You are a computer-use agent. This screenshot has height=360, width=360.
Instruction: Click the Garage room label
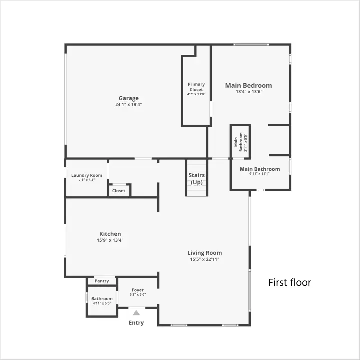(129, 98)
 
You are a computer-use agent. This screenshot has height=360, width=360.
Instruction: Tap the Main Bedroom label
(248, 85)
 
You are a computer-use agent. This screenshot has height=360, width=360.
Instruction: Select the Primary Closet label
(196, 87)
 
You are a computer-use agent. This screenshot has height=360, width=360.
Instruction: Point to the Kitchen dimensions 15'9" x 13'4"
(110, 240)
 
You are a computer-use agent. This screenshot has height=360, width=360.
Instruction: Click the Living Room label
(205, 253)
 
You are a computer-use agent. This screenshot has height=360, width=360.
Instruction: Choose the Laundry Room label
(87, 175)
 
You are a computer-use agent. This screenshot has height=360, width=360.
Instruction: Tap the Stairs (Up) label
(197, 179)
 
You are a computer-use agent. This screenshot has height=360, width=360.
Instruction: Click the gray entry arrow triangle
(136, 313)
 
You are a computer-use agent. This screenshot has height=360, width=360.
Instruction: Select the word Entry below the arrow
(136, 323)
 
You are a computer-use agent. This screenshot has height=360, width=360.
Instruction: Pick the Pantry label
(102, 281)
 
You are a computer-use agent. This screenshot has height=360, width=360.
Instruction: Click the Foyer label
(138, 290)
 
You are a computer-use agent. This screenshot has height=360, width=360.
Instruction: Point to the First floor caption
(290, 282)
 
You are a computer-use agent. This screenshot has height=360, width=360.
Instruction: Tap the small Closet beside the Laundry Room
(119, 191)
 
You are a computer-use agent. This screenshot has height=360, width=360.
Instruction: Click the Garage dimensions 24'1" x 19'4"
(129, 104)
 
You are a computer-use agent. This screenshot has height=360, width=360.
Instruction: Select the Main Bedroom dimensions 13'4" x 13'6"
(249, 92)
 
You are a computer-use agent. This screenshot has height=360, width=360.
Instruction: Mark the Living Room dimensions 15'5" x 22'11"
(205, 259)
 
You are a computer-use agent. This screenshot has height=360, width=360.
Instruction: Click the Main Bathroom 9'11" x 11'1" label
(260, 171)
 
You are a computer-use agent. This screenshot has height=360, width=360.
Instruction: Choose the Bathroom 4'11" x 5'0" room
(102, 301)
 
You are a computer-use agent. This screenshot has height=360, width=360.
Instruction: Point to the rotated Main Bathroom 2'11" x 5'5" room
(240, 142)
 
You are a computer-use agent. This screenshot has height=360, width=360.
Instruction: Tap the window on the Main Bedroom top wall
(251, 45)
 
